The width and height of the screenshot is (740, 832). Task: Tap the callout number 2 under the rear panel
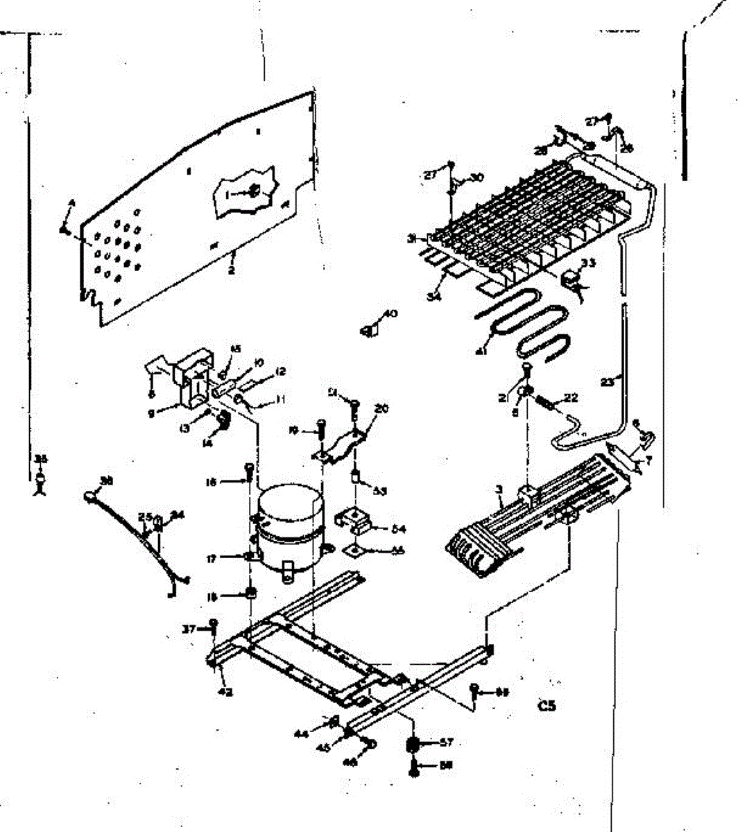click(x=231, y=270)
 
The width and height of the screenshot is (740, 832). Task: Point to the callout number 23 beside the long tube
click(x=608, y=381)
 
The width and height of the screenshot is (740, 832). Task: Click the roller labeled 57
click(x=413, y=744)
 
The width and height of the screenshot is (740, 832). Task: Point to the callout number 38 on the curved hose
click(x=107, y=480)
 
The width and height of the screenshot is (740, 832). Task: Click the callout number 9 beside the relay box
click(x=160, y=410)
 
